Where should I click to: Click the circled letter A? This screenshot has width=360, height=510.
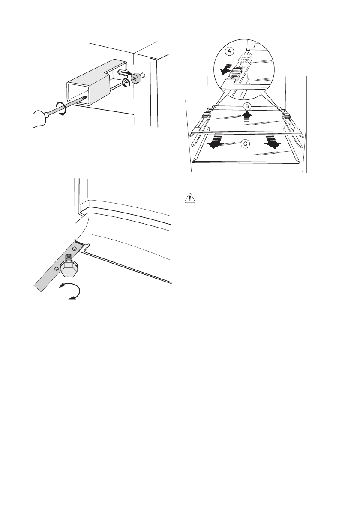[230, 51]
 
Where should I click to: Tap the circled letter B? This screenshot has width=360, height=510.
[246, 105]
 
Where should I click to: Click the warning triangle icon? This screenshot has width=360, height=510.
[189, 198]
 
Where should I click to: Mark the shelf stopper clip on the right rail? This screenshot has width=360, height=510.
[286, 116]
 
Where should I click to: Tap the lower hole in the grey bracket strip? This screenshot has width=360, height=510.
[57, 268]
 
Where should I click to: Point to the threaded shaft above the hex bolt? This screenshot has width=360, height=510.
[69, 259]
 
